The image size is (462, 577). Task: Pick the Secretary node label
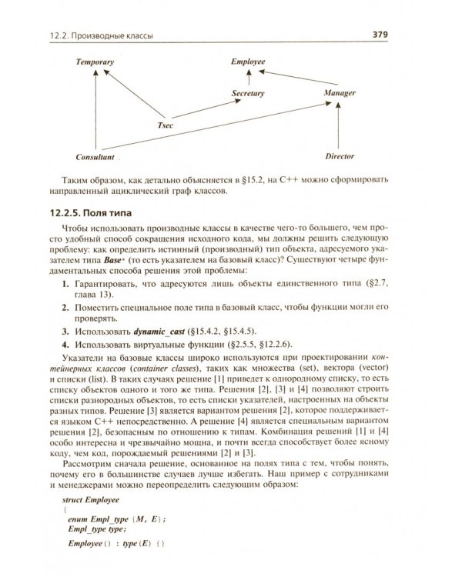(x=248, y=93)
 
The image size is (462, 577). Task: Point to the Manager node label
(x=340, y=93)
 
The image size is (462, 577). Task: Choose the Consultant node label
(x=95, y=156)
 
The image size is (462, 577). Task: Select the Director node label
(x=340, y=156)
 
